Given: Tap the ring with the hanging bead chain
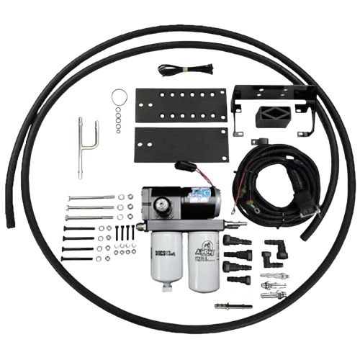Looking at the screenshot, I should coord(118,95).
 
